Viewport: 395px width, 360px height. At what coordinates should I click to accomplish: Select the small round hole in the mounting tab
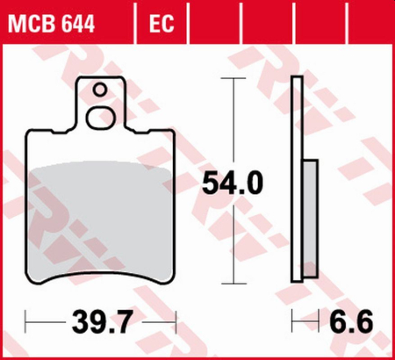(101, 89)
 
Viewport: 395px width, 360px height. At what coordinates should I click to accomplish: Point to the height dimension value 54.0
(232, 183)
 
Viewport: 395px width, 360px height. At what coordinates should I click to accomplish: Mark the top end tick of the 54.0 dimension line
(232, 79)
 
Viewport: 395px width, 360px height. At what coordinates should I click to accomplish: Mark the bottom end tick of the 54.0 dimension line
(232, 283)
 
